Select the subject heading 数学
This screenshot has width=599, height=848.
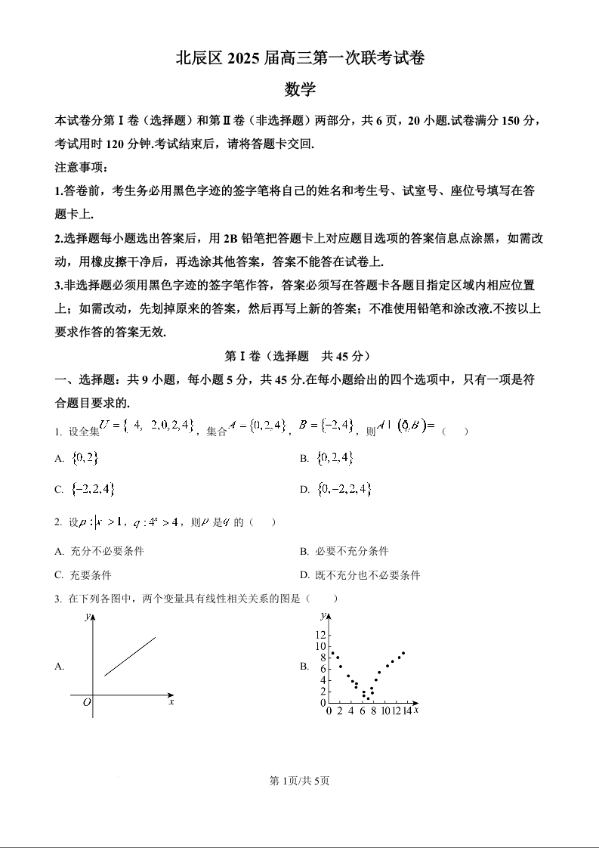coord(299,89)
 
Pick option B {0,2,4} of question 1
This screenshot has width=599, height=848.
coord(335,458)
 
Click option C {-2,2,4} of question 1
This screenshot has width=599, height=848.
coord(92,489)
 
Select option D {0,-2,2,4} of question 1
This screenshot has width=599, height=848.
coord(344,489)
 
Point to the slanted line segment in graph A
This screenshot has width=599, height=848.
coord(130,656)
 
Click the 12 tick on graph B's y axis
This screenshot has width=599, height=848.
coord(320,634)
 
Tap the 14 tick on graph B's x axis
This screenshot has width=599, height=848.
coord(406,711)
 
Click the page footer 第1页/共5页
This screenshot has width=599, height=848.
coord(299,781)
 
